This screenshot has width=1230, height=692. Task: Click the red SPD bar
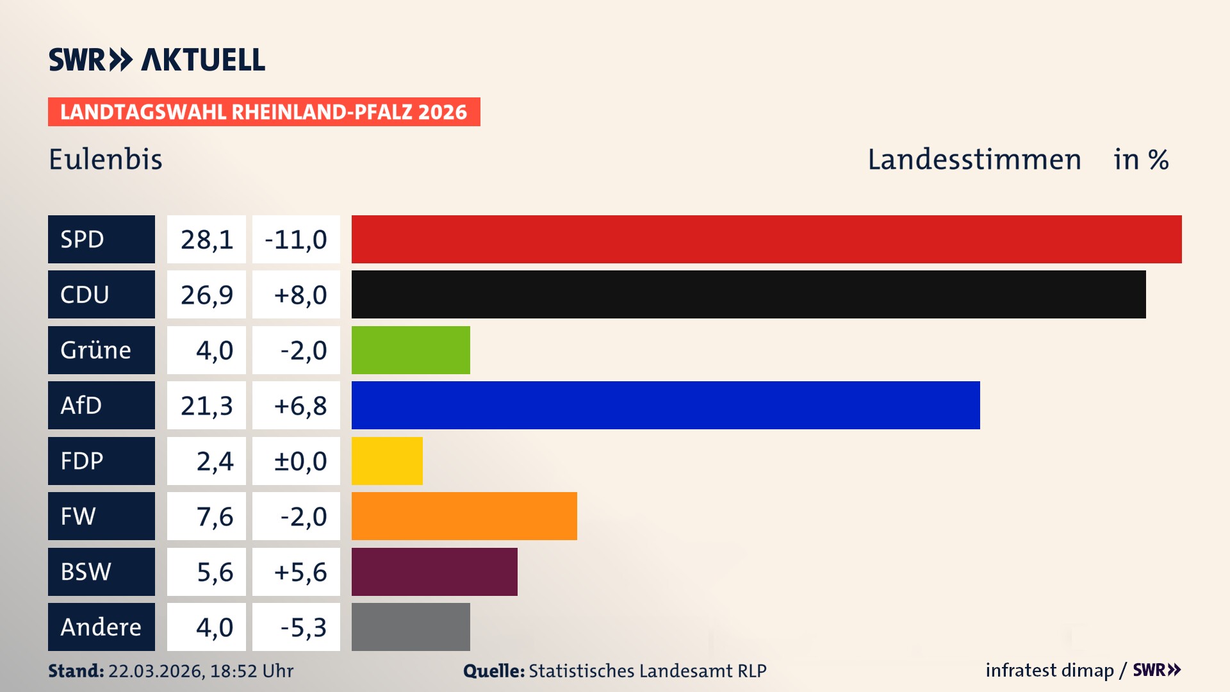click(766, 239)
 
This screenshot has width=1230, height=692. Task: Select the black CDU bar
click(748, 295)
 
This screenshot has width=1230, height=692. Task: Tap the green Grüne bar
click(411, 350)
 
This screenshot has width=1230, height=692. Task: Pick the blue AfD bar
click(666, 406)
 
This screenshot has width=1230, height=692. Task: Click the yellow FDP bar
click(387, 461)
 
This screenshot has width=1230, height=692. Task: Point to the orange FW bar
click(464, 516)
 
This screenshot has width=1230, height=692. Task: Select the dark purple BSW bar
click(434, 572)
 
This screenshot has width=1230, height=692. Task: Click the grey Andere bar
click(411, 627)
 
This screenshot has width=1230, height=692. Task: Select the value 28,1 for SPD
click(206, 239)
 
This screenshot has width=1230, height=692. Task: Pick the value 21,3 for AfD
click(206, 406)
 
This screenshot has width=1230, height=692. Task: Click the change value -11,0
click(296, 239)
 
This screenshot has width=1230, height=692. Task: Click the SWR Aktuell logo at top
click(157, 60)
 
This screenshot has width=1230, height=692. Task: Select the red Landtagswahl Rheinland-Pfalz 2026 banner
click(264, 112)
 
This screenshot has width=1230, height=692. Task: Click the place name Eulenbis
click(106, 160)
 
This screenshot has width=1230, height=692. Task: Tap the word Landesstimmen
click(974, 160)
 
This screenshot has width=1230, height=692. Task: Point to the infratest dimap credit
click(1049, 670)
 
